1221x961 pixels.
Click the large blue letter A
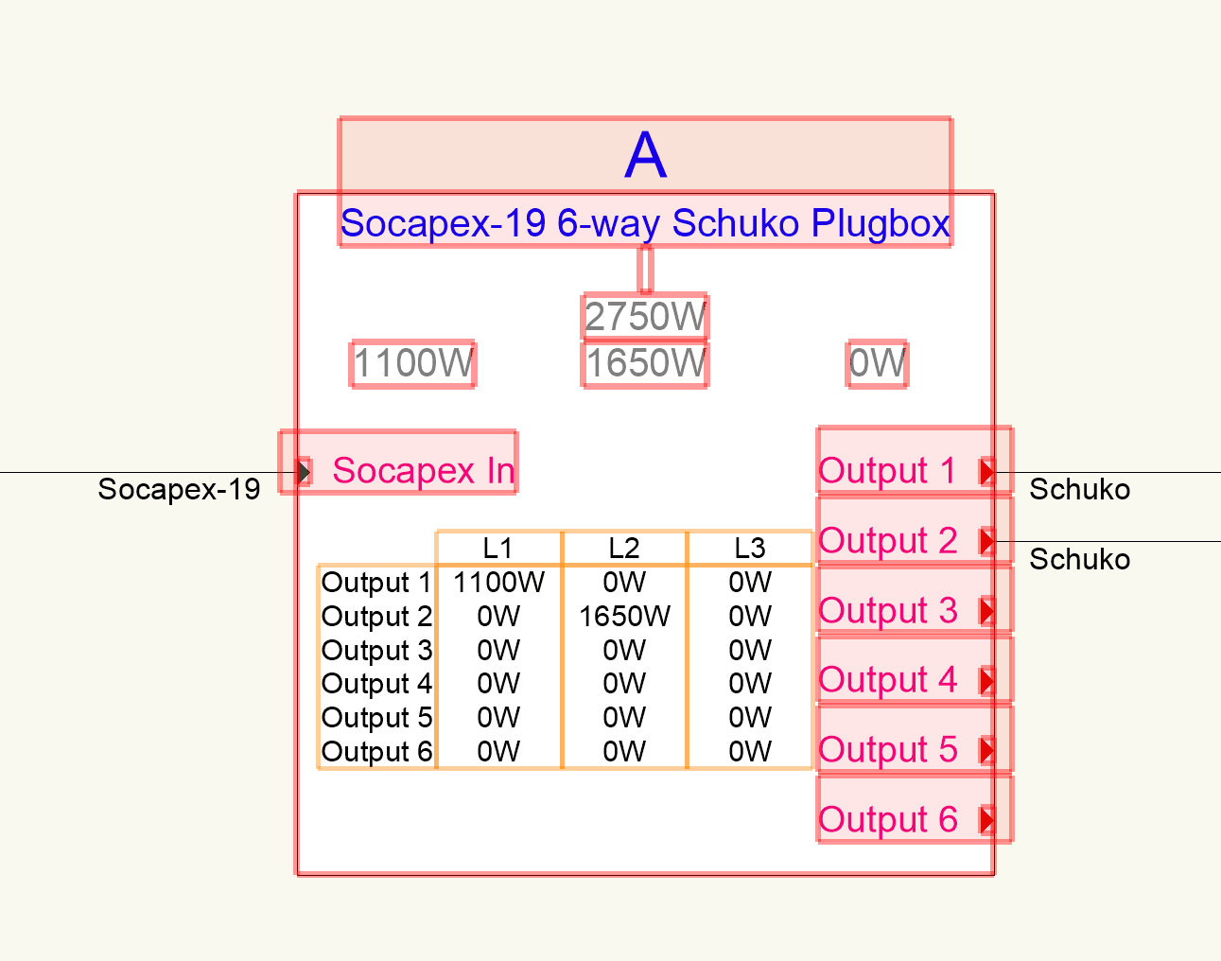pyautogui.click(x=646, y=155)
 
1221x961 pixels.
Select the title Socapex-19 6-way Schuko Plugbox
pyautogui.click(x=645, y=224)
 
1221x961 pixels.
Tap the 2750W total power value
pyautogui.click(x=645, y=317)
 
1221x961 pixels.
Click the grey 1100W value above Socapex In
pyautogui.click(x=413, y=363)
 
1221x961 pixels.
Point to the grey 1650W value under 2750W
pyautogui.click(x=645, y=363)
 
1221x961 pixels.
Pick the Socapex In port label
pyautogui.click(x=423, y=470)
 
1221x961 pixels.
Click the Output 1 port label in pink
pyautogui.click(x=887, y=470)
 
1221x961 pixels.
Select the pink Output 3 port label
pyautogui.click(x=887, y=610)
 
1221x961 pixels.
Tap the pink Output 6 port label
pyautogui.click(x=887, y=819)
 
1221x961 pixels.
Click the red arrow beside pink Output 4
pyautogui.click(x=987, y=680)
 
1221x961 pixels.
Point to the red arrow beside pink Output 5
pyautogui.click(x=987, y=750)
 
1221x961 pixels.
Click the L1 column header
pyautogui.click(x=497, y=549)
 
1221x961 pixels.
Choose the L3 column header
pyautogui.click(x=750, y=549)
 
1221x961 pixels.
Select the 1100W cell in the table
pyautogui.click(x=498, y=583)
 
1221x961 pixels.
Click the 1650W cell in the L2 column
pyautogui.click(x=624, y=617)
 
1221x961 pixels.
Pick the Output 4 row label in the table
pyautogui.click(x=376, y=684)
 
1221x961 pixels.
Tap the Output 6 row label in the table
pyautogui.click(x=376, y=752)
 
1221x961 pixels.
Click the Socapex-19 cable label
pyautogui.click(x=179, y=489)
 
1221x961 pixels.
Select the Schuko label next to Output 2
pyautogui.click(x=1079, y=559)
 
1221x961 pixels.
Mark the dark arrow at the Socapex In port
pyautogui.click(x=304, y=471)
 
